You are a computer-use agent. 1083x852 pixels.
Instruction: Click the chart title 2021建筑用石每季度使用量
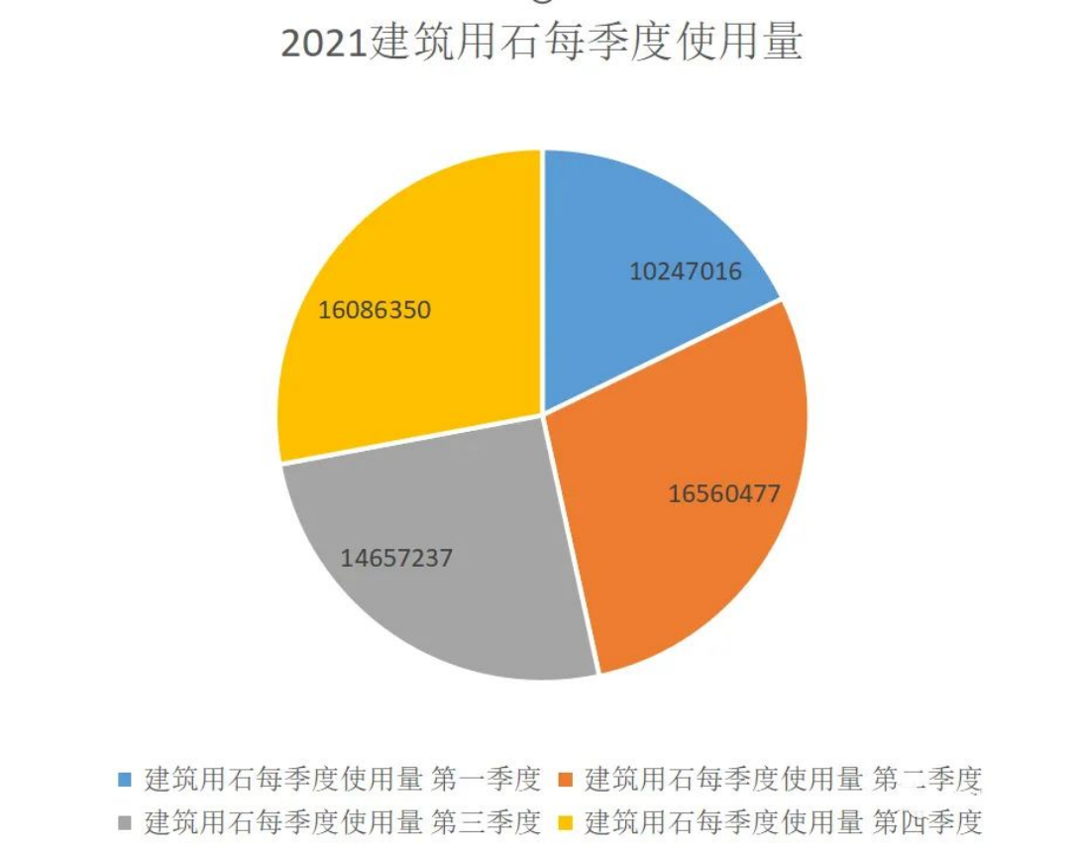541,45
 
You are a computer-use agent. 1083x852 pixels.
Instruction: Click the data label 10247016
686,270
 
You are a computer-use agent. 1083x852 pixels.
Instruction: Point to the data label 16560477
724,492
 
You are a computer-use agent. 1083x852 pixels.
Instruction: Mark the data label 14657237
396,558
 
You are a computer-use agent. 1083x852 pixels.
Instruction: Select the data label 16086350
375,309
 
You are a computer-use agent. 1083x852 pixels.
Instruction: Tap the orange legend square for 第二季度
566,780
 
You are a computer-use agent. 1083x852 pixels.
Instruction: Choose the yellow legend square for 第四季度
566,822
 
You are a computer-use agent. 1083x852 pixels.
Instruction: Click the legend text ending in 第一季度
343,780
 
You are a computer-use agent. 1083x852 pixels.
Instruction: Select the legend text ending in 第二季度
784,780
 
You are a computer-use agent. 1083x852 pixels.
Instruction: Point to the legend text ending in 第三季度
343,822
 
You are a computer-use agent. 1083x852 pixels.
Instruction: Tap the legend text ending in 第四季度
784,822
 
